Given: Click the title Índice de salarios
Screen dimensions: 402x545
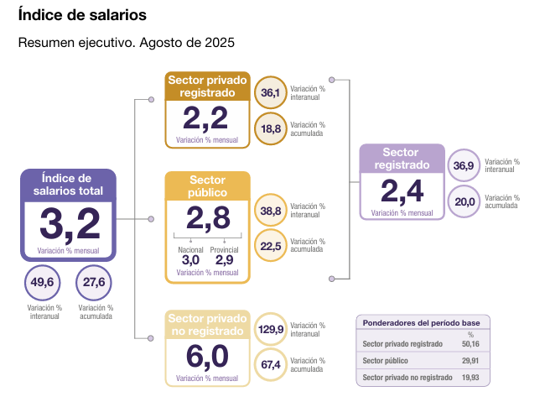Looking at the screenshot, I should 81,15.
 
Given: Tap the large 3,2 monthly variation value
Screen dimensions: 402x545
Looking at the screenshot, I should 69,223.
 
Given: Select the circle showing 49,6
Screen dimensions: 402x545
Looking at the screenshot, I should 42,283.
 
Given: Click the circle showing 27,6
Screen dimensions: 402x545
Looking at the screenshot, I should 93,283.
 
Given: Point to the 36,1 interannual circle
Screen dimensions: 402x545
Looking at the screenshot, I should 270,92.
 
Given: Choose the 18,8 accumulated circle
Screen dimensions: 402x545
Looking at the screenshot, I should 270,128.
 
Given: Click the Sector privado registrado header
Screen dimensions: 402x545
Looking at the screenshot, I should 208,86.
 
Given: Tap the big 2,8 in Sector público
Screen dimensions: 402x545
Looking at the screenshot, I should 208,218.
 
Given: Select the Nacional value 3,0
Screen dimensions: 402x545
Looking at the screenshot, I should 191,260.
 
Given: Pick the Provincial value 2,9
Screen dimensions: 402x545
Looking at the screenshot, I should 224,260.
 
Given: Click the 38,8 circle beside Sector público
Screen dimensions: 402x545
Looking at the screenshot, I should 270,210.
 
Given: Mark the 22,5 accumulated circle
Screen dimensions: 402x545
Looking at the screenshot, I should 270,245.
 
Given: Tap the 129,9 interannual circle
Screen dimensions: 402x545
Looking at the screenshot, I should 270,329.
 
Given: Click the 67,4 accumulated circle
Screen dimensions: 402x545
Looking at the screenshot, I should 270,364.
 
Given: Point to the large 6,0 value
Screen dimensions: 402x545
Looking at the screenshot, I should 208,356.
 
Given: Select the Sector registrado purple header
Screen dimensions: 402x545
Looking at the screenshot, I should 402,159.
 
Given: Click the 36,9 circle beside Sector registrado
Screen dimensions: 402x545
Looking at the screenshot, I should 463,165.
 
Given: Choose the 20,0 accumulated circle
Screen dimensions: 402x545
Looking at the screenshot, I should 463,201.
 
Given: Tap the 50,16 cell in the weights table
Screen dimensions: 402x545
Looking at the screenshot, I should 470,344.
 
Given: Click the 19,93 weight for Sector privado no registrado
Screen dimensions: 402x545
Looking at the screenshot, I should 470,378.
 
